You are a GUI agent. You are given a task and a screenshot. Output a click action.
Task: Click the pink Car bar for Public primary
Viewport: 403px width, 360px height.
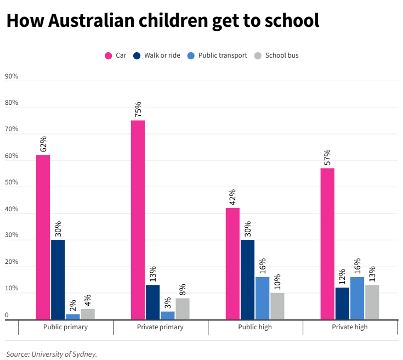43,237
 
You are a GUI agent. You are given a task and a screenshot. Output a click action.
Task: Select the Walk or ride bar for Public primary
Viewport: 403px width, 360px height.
58,279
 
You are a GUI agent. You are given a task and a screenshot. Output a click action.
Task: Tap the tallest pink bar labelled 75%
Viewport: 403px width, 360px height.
138,220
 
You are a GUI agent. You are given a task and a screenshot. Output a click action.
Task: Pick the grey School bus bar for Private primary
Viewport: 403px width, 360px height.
183,308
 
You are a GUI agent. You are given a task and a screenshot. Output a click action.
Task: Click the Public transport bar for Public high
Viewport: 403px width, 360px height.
263,298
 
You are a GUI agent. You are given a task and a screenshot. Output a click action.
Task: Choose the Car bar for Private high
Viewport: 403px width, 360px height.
327,244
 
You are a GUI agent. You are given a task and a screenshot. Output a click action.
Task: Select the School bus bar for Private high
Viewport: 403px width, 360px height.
372,302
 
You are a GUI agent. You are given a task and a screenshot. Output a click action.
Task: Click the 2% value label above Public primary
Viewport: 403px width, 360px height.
73,305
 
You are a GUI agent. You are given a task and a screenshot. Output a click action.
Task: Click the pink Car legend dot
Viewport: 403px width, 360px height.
108,55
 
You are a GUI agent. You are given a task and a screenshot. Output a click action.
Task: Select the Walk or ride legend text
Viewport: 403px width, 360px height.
162,55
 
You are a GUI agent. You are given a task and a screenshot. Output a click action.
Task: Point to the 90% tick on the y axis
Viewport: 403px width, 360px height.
12,76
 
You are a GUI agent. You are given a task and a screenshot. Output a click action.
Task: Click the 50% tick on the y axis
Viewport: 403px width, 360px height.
12,183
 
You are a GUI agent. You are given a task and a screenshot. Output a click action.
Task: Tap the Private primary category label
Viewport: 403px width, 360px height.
160,327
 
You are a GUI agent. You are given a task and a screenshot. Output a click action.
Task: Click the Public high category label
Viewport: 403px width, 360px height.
255,327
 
